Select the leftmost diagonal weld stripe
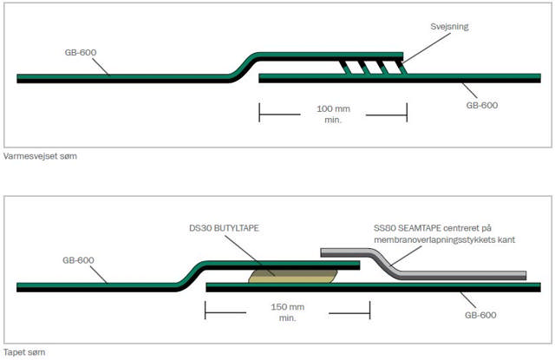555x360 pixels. click(x=344, y=69)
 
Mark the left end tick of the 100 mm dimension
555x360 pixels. click(x=260, y=113)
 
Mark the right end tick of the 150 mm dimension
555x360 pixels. click(x=369, y=310)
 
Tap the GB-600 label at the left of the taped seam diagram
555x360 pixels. click(x=80, y=259)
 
